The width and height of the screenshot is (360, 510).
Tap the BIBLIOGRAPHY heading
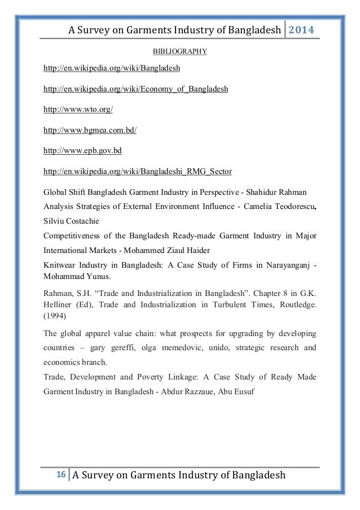pyautogui.click(x=180, y=52)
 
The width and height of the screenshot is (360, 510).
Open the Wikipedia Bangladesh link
pyautogui.click(x=112, y=68)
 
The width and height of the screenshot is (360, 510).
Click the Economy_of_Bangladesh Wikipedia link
pyautogui.click(x=136, y=89)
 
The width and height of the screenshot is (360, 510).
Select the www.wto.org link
pyautogui.click(x=74, y=110)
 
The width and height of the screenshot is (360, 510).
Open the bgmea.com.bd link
pyautogui.click(x=90, y=130)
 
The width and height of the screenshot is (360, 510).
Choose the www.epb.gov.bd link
pyautogui.click(x=82, y=151)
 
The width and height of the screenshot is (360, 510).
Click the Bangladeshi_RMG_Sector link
pyautogui.click(x=138, y=171)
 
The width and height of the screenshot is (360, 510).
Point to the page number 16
pyautogui.click(x=59, y=474)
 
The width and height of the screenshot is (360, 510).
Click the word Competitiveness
pyautogui.click(x=76, y=235)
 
